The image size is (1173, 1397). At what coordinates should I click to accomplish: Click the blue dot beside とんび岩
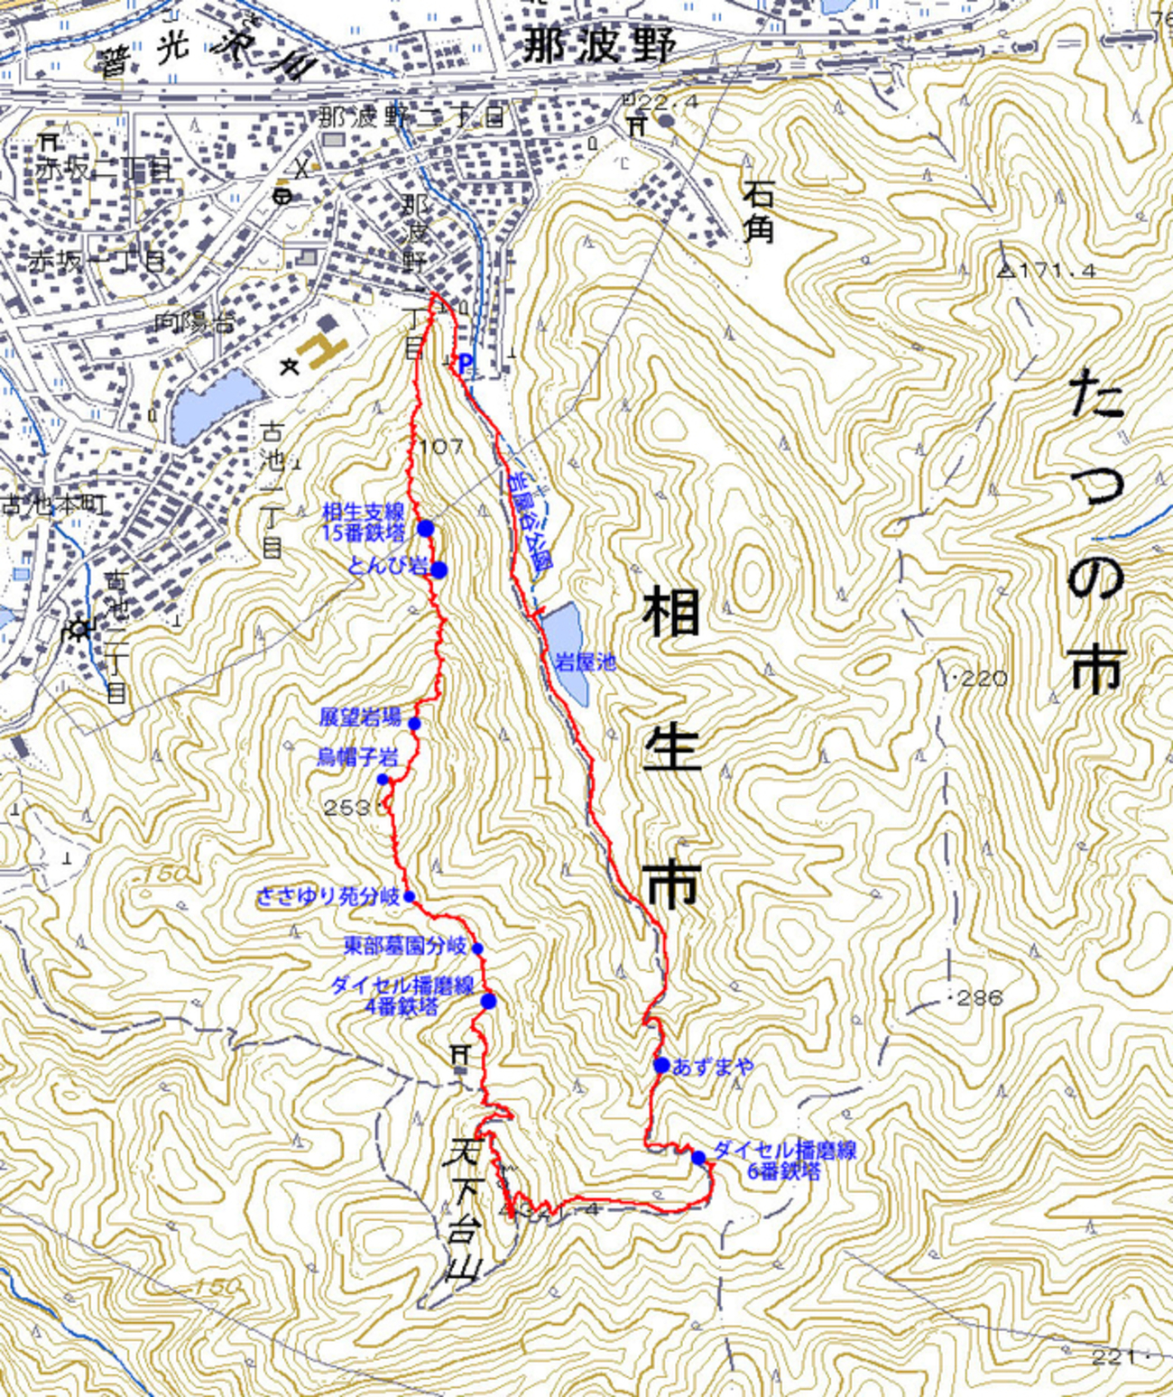[x=439, y=569]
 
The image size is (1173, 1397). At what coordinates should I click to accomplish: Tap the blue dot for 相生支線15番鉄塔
[x=426, y=529]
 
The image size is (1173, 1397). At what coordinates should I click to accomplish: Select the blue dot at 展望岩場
[x=415, y=724]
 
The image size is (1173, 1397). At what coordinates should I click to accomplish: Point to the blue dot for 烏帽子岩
[x=383, y=780]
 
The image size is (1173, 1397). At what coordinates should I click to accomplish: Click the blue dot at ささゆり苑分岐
[x=409, y=897]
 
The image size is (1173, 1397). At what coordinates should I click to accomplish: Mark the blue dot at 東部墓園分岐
[x=477, y=948]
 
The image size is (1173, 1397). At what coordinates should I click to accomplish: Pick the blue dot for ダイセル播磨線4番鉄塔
[x=488, y=1001]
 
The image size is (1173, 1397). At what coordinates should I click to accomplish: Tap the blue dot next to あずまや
[x=660, y=1066]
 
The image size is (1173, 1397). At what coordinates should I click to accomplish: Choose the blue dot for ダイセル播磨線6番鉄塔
[x=698, y=1158]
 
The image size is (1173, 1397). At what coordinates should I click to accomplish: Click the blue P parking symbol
[x=465, y=364]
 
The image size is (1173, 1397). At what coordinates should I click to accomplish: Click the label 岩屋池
[x=585, y=662]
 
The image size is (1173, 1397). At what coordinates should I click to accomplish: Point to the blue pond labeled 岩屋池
[x=567, y=641]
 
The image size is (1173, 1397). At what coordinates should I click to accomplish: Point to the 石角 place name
[x=758, y=211]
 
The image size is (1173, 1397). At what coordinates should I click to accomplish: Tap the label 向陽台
[x=195, y=320]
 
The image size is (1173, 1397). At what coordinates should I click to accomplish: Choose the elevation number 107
[x=442, y=446]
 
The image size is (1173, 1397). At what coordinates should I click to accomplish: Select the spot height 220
[x=982, y=678]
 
